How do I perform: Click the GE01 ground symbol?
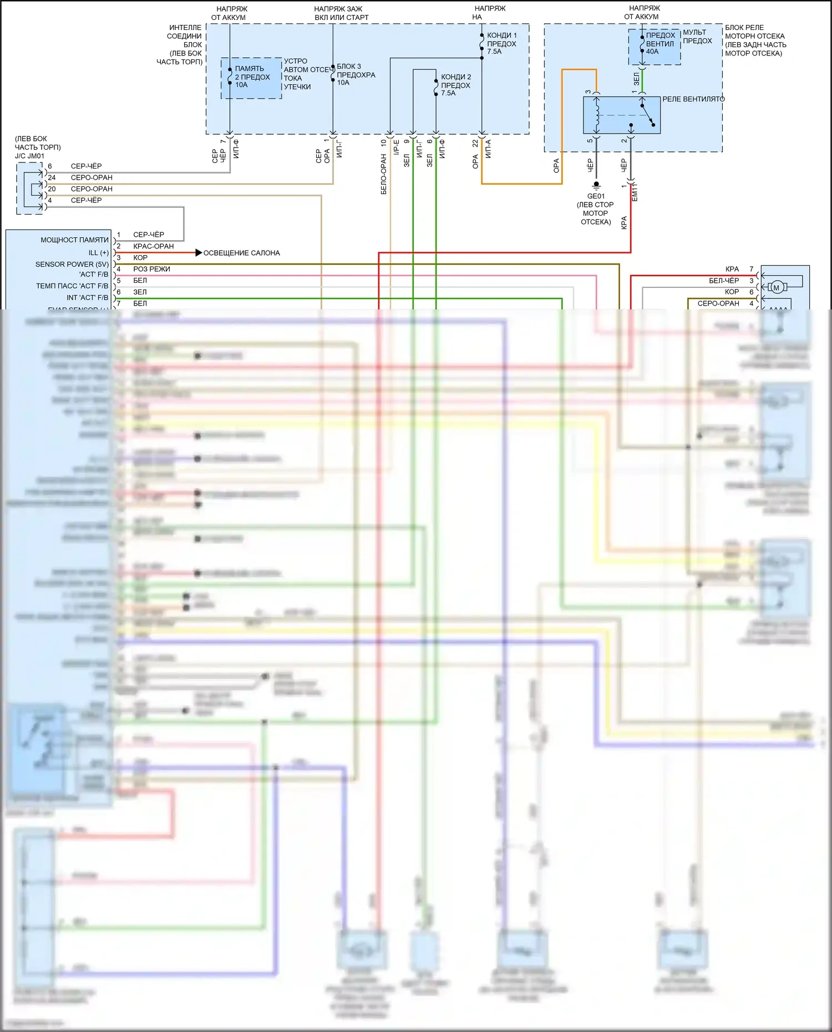596,185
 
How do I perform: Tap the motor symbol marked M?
777,287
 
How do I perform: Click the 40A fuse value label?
652,52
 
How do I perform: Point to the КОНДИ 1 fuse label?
501,35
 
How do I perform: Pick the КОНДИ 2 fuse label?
456,77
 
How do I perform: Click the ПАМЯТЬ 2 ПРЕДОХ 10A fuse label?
252,77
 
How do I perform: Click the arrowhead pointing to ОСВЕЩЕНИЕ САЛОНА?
199,253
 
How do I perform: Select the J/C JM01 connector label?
29,156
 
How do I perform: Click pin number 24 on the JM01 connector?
52,177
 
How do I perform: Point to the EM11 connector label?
635,192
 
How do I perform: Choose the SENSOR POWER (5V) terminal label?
72,265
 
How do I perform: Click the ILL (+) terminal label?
98,253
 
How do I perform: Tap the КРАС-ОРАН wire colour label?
153,246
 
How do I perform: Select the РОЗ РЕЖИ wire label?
151,269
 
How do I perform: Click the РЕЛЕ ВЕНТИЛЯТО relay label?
693,99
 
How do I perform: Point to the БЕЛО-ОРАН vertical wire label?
383,175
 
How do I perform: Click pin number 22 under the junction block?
475,143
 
